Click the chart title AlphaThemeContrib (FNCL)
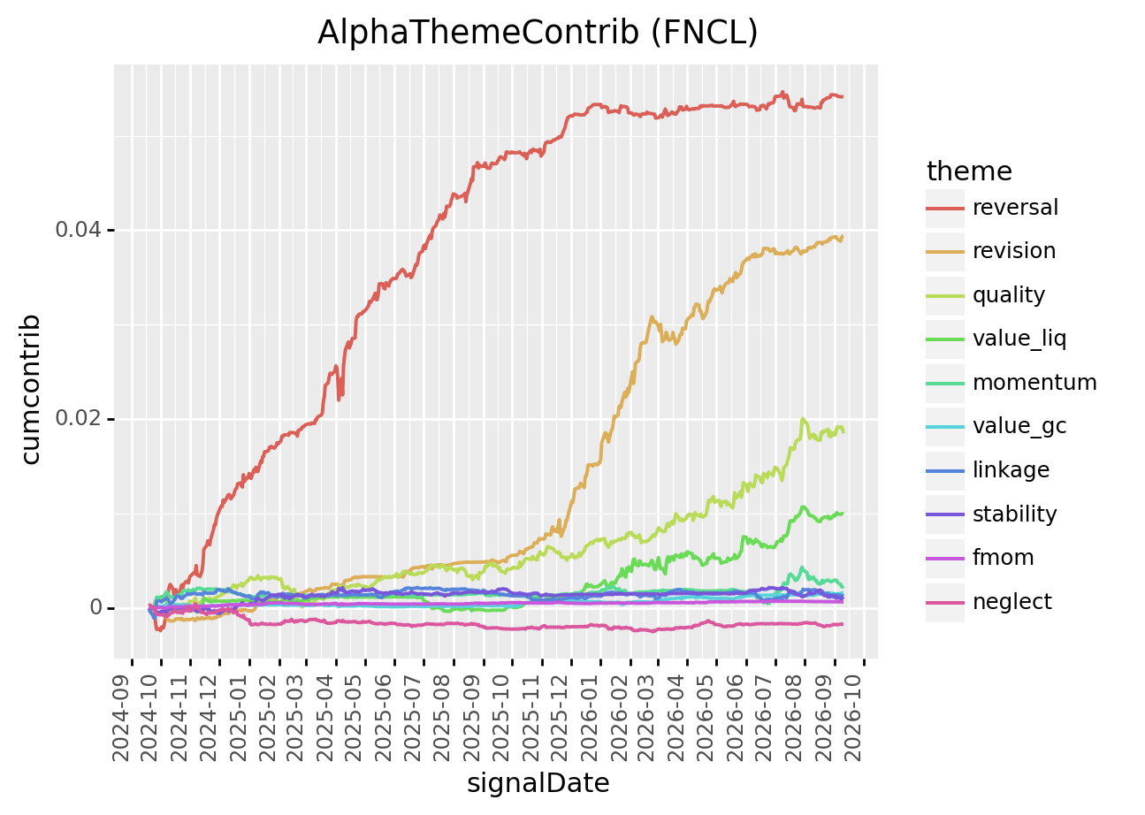(x=538, y=33)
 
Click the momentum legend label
(x=1034, y=383)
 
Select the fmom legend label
(x=1003, y=558)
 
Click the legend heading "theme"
(x=969, y=171)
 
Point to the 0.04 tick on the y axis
(x=78, y=230)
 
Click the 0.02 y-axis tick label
(x=78, y=419)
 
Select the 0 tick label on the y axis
(x=95, y=608)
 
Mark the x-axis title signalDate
(x=538, y=783)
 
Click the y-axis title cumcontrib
(x=31, y=389)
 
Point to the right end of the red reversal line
(x=843, y=96)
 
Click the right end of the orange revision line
(x=843, y=237)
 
